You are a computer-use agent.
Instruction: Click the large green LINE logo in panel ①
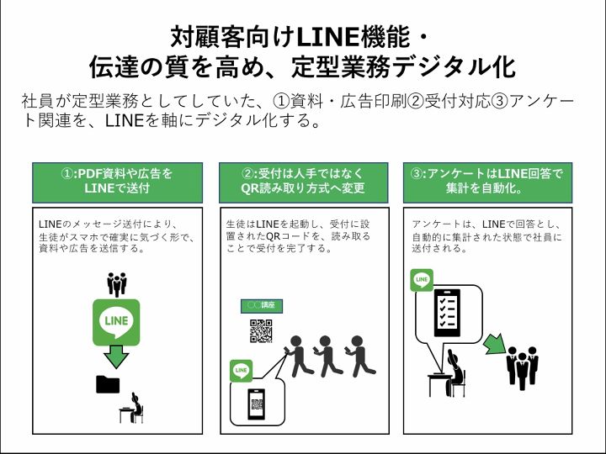click(x=116, y=322)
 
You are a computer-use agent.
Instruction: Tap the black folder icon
click(x=108, y=384)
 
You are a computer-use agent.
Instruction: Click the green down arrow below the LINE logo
click(x=116, y=356)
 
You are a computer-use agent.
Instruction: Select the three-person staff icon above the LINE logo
click(x=117, y=284)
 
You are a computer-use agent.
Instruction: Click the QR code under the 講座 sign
click(x=261, y=331)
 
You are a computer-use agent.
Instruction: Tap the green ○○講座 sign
click(x=262, y=306)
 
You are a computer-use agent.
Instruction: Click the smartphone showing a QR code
click(x=256, y=404)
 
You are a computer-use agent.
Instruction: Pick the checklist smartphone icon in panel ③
click(x=447, y=313)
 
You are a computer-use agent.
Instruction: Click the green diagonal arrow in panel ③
click(x=495, y=344)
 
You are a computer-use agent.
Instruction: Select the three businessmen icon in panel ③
click(x=523, y=365)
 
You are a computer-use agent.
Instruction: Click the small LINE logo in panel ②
click(x=242, y=371)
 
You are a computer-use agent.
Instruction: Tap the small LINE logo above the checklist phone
click(x=422, y=280)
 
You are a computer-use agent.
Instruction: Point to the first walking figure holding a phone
click(x=297, y=356)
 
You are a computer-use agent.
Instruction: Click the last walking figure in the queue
click(x=360, y=356)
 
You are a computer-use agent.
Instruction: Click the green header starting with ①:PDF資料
click(x=118, y=182)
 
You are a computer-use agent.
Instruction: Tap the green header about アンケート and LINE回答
click(x=487, y=182)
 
